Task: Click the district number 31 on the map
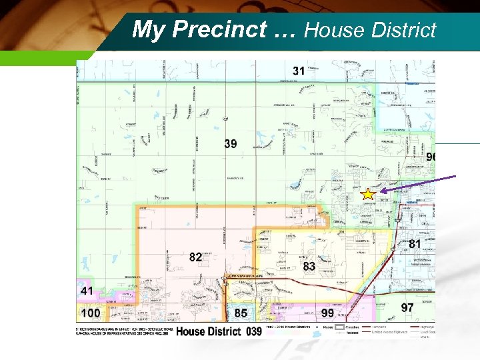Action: [299, 71]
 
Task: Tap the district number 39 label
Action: [230, 144]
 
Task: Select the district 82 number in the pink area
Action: [195, 257]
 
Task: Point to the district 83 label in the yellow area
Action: [309, 266]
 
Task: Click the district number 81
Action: [415, 244]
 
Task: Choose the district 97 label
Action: [407, 307]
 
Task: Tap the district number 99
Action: [327, 313]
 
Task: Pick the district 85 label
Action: [241, 312]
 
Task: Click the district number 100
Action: [90, 313]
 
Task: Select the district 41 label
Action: [87, 291]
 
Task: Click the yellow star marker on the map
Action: [367, 195]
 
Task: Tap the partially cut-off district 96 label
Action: [431, 157]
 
